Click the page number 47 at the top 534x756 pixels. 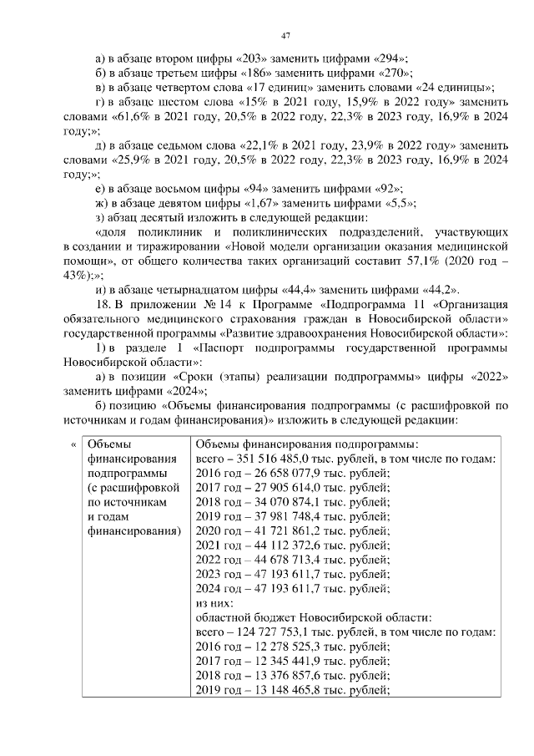coord(286,35)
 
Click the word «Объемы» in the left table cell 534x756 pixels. coord(109,444)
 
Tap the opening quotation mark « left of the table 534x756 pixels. coord(73,444)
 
